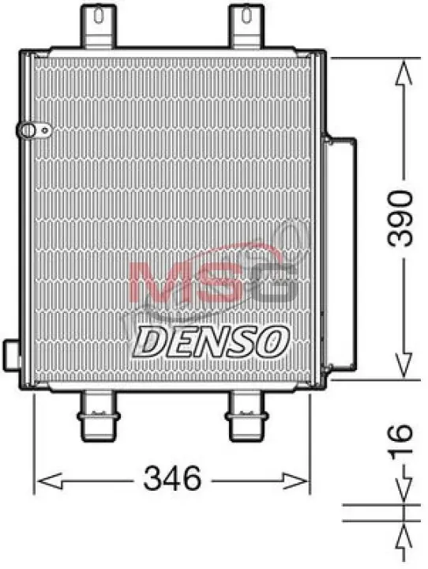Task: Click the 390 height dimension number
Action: [x=400, y=218]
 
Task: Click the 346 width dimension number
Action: [x=172, y=478]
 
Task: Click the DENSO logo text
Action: [x=212, y=341]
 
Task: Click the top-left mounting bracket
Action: [x=98, y=26]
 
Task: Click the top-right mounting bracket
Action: [x=246, y=26]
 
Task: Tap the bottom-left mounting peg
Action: [x=99, y=416]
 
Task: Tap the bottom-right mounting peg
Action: [x=246, y=416]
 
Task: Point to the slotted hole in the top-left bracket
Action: [x=98, y=15]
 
